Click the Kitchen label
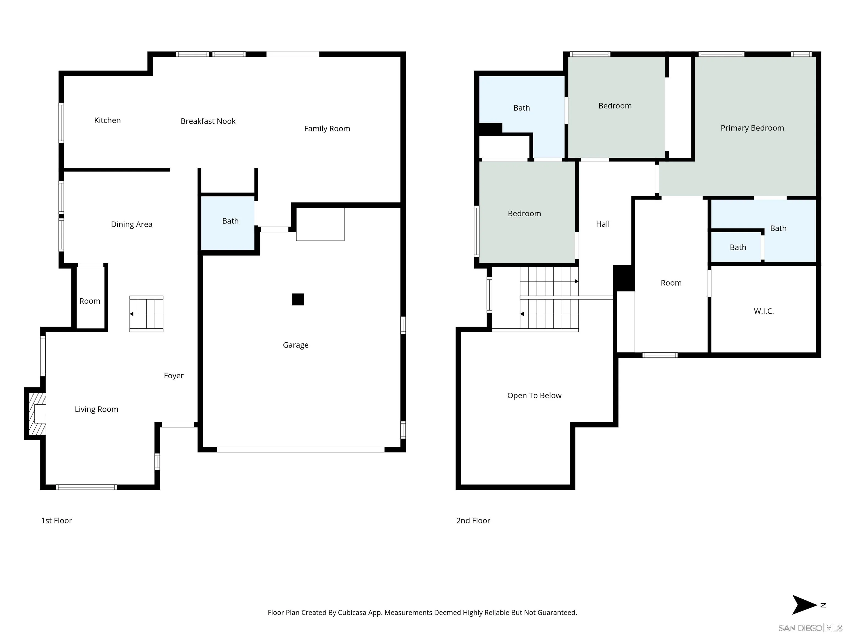click(107, 120)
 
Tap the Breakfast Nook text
click(208, 121)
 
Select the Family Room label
click(327, 129)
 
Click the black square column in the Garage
click(298, 299)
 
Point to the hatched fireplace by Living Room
click(37, 414)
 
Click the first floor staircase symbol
click(146, 314)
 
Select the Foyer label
click(174, 376)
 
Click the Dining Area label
click(131, 224)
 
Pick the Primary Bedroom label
click(752, 128)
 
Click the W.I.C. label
click(764, 311)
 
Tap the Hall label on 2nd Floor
click(603, 224)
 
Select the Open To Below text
click(534, 395)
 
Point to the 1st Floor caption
click(57, 521)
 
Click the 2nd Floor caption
click(473, 521)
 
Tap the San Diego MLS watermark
click(810, 628)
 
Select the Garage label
click(295, 345)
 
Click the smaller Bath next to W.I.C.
click(738, 248)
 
